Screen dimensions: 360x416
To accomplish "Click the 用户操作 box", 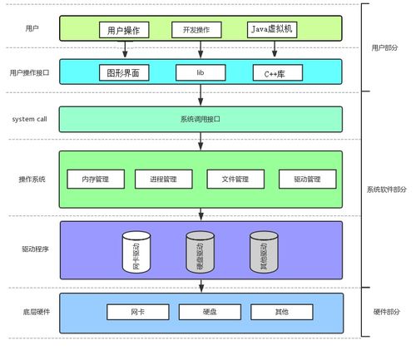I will coord(124,30).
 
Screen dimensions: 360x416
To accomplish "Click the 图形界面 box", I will coord(124,73).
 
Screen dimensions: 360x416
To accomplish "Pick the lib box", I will coord(200,73).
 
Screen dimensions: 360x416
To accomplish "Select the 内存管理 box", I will coord(95,179).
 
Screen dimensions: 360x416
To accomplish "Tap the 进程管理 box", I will coord(163,179).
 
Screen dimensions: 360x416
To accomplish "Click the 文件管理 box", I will coord(235,179).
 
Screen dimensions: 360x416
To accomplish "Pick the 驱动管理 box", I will coord(307,179).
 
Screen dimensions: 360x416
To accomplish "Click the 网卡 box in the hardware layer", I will coord(137,312).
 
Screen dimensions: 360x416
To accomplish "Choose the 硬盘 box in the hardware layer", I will coord(210,312).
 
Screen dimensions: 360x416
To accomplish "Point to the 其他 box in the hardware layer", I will coord(281,312).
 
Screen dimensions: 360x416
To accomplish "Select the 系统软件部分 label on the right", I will coord(387,190).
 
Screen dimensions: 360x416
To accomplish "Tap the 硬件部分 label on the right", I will coord(386,312).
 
